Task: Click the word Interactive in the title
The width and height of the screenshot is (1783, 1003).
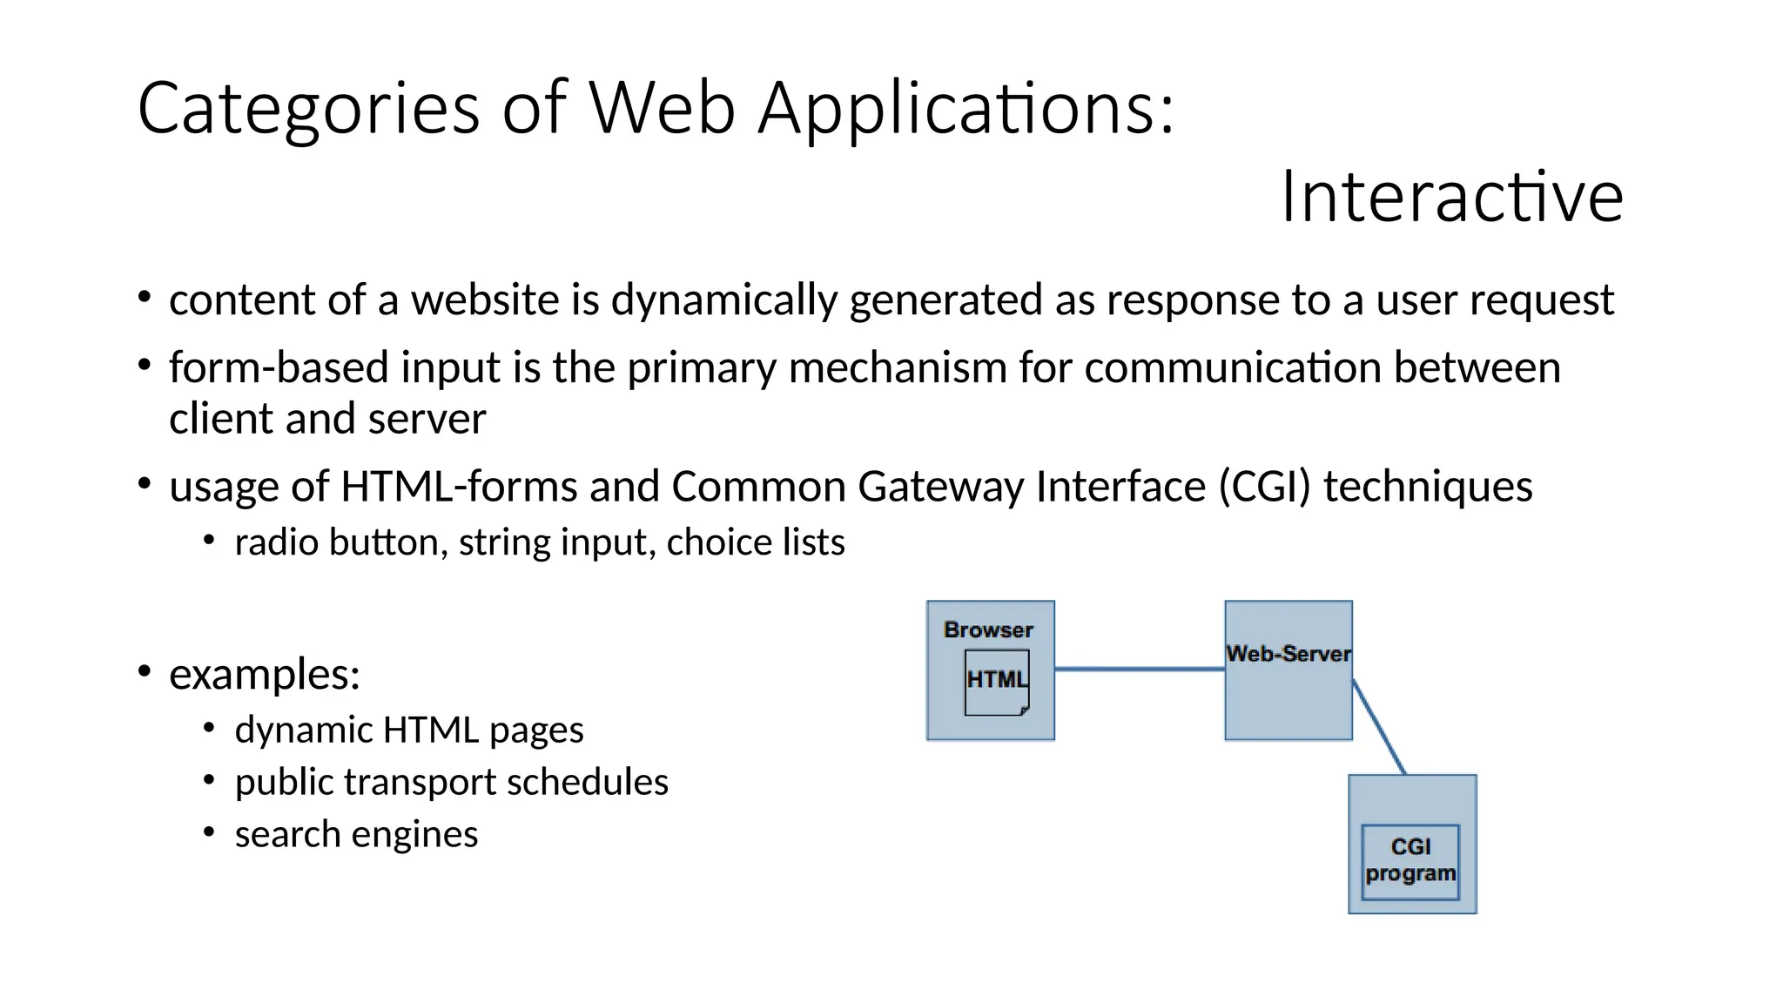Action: [x=1451, y=197]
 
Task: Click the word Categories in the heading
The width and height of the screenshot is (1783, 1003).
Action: [x=308, y=108]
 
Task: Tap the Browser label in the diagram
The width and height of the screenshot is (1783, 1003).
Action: [x=988, y=629]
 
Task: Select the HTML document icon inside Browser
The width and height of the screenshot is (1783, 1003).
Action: [x=997, y=683]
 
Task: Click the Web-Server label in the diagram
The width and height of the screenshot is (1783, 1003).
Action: [x=1288, y=654]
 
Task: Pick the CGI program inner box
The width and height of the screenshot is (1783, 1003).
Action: [x=1410, y=861]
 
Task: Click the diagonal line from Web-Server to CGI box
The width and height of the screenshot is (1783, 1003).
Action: [x=1379, y=727]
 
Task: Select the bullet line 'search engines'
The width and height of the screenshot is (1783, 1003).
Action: [x=356, y=834]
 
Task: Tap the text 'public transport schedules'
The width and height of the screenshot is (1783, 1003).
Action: [x=451, y=782]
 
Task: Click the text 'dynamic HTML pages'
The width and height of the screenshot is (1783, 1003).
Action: [x=409, y=730]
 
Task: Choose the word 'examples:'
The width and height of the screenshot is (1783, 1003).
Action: [x=265, y=674]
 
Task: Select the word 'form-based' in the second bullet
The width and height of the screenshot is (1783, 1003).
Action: [x=279, y=367]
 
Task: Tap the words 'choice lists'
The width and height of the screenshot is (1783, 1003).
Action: [x=756, y=542]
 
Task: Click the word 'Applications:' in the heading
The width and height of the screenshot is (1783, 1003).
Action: [x=966, y=108]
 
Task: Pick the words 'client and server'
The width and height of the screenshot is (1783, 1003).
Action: [x=327, y=419]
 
